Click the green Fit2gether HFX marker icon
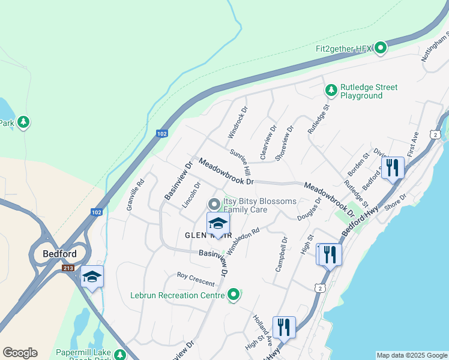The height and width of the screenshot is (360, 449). coord(380,48)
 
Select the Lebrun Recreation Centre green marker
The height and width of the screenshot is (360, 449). coord(234,295)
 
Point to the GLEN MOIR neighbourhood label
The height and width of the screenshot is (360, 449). coord(191,235)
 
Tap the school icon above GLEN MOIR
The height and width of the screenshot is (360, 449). coord(218,224)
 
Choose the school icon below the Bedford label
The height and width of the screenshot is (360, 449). coord(92,277)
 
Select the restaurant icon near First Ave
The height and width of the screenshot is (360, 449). coord(393,167)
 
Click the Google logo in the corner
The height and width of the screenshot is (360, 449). coord(20,353)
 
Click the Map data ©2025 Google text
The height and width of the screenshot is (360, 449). coord(412,355)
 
